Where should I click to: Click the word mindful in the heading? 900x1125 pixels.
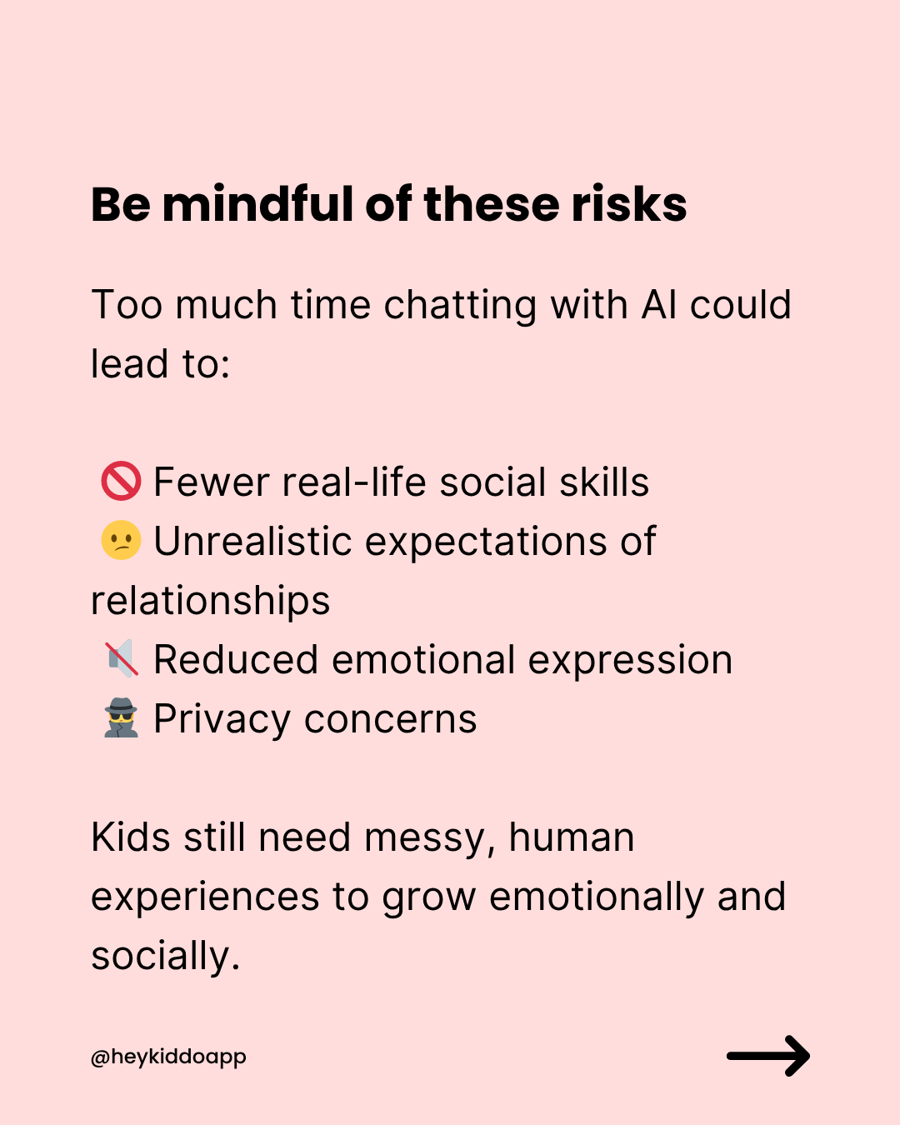click(x=257, y=203)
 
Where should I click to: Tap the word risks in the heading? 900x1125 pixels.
click(x=629, y=203)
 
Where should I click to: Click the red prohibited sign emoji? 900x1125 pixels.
click(x=121, y=481)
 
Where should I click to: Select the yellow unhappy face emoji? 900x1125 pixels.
click(x=121, y=540)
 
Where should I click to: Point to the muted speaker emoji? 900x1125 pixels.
click(x=122, y=658)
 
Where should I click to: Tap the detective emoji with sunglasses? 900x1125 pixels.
click(x=121, y=717)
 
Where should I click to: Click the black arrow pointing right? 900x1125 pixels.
click(x=768, y=1056)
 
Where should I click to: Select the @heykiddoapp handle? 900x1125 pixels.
click(x=168, y=1057)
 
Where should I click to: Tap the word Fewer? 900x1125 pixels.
click(x=212, y=482)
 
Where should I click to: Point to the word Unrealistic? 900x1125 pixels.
click(x=252, y=541)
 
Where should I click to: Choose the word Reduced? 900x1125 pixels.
click(x=236, y=659)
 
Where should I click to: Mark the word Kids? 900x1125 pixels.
click(x=131, y=837)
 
